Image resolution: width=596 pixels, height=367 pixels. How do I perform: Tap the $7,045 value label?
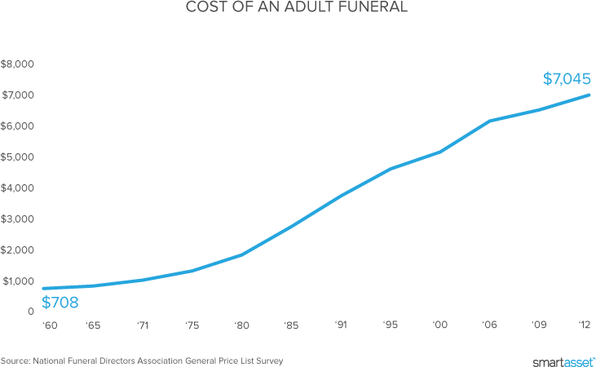pyautogui.click(x=566, y=79)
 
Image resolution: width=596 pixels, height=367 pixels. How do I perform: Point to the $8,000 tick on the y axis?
pyautogui.click(x=17, y=64)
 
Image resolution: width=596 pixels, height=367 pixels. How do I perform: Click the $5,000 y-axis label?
pyautogui.click(x=17, y=157)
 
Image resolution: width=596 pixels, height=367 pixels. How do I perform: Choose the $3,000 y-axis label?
pyautogui.click(x=17, y=219)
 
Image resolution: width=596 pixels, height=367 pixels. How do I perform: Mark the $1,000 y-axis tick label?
pyautogui.click(x=17, y=281)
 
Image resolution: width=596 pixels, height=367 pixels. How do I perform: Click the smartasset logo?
pyautogui.click(x=563, y=360)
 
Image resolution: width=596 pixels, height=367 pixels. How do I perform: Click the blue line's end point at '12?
pyautogui.click(x=589, y=95)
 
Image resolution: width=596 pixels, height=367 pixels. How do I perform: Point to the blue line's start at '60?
pyautogui.click(x=42, y=289)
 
